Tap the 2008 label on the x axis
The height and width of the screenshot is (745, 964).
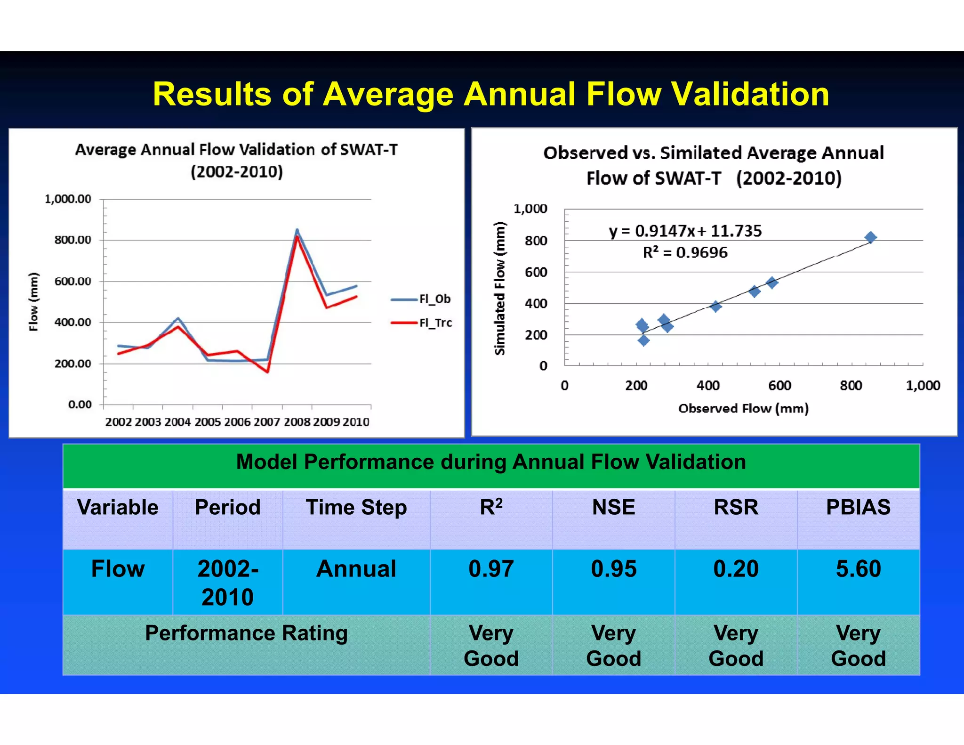pos(297,422)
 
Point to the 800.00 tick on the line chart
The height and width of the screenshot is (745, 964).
pos(72,240)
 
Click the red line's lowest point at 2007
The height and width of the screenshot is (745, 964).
pos(267,372)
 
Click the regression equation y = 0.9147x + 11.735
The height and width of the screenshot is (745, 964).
pos(685,231)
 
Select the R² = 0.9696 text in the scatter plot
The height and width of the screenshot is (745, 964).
pos(685,253)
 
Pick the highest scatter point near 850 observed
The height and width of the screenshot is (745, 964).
pos(870,237)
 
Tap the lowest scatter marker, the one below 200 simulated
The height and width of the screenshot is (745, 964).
pos(643,340)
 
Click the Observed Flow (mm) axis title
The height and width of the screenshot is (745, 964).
pos(743,408)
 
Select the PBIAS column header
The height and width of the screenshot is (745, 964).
pos(858,508)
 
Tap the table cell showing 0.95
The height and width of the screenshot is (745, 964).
pos(613,569)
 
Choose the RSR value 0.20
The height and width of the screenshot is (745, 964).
pos(736,569)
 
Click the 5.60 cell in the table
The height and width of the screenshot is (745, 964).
pos(858,569)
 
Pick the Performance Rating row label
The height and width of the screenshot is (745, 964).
pos(246,633)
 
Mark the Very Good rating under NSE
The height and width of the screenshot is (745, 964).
pos(613,646)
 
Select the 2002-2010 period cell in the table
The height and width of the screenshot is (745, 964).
pos(228,583)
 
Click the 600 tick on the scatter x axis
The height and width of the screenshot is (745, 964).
pos(779,386)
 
